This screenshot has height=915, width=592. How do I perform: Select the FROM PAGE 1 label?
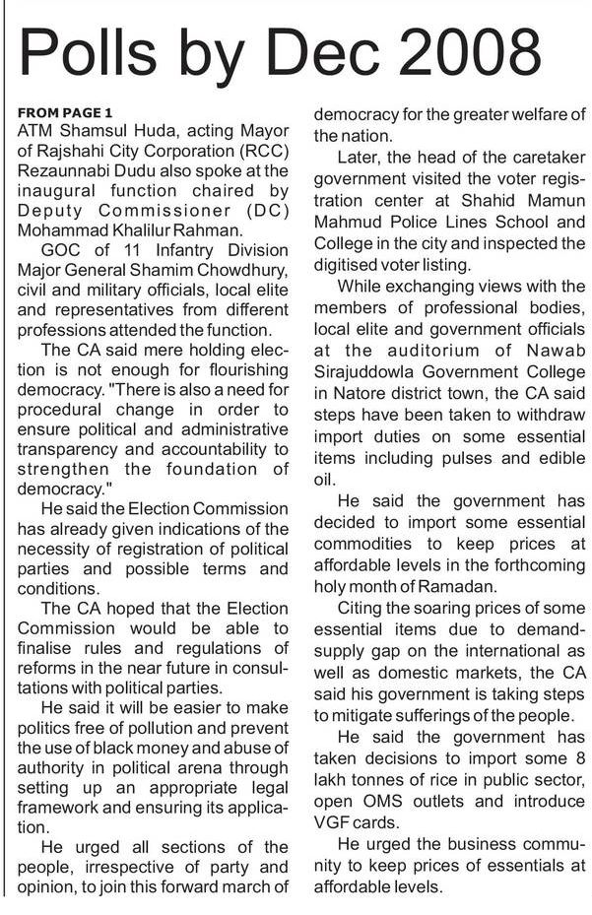click(65, 112)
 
